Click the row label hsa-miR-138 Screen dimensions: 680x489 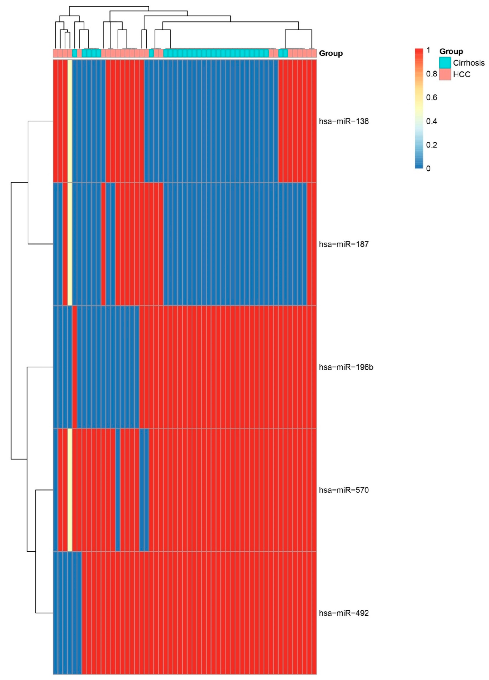pyautogui.click(x=344, y=121)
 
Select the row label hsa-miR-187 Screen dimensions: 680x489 pyautogui.click(x=344, y=244)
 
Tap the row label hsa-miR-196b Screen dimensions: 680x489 pyautogui.click(x=346, y=367)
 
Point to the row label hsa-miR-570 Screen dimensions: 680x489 pyautogui.click(x=344, y=490)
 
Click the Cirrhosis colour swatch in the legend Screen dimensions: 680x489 pyautogui.click(x=445, y=63)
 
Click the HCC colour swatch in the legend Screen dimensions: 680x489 pyautogui.click(x=445, y=74)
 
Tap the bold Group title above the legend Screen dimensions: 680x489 pyautogui.click(x=451, y=51)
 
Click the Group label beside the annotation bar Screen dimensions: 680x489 pyautogui.click(x=331, y=53)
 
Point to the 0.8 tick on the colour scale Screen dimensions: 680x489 pyautogui.click(x=431, y=74)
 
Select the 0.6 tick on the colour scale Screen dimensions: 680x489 pyautogui.click(x=431, y=97)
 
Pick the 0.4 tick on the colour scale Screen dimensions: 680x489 pyautogui.click(x=431, y=121)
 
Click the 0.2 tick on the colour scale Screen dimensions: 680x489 pyautogui.click(x=431, y=145)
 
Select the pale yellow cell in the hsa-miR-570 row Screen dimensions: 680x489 pyautogui.click(x=70, y=490)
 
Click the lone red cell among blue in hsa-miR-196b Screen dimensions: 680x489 pyautogui.click(x=75, y=367)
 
